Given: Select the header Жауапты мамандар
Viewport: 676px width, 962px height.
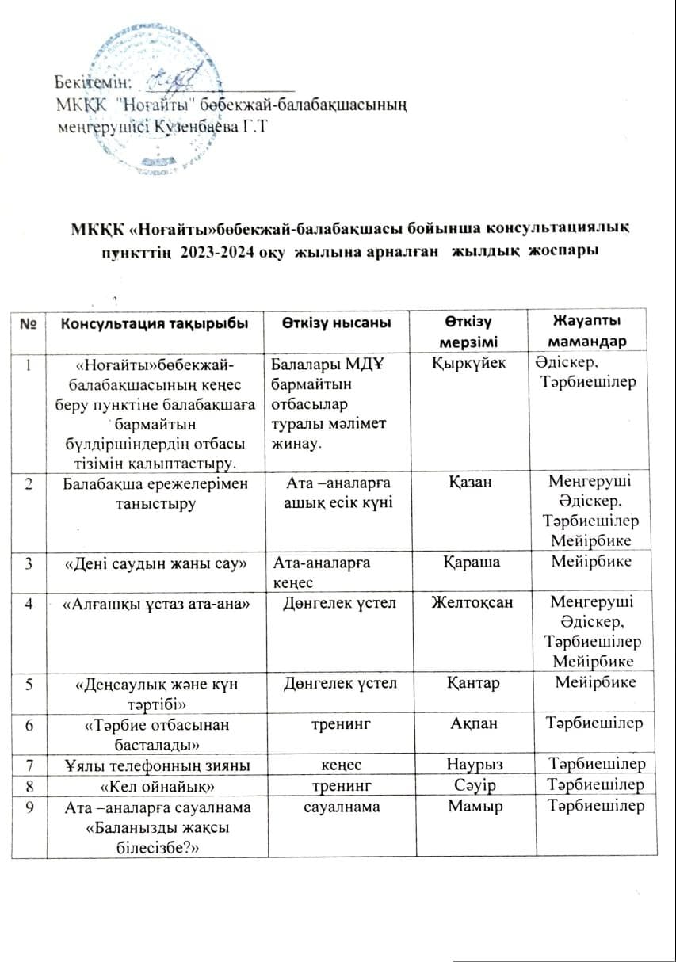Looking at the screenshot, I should pyautogui.click(x=586, y=330).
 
